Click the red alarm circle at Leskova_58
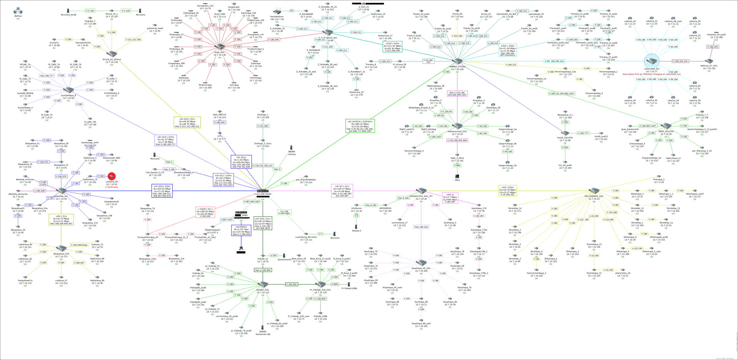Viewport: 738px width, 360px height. coord(111,176)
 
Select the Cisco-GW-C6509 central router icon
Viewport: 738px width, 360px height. coord(263,191)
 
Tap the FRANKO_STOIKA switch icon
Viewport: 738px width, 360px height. coord(457,61)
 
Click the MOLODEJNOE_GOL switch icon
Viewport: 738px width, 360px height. coord(594,191)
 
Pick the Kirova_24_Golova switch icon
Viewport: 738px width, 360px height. coord(112,54)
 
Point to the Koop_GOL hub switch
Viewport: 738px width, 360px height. coord(220,47)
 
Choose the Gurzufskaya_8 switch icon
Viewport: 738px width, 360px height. coord(68,90)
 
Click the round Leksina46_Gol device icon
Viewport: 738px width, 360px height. coord(652,61)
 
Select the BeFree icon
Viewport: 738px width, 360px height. coord(18,11)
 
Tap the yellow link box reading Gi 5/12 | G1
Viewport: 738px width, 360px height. coord(187,123)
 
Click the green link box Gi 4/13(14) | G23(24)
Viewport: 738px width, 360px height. coord(359,126)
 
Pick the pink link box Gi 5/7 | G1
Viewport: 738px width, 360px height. coord(342,191)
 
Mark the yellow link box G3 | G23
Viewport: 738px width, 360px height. coord(507,191)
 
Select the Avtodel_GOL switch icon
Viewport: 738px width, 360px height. coord(263,284)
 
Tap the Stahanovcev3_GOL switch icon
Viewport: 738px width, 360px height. coord(457,126)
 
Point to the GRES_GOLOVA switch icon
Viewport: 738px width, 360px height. coord(666,126)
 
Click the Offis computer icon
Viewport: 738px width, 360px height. coord(457,177)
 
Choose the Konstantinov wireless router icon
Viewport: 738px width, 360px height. coord(277,12)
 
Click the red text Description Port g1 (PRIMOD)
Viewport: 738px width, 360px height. coord(652,74)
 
